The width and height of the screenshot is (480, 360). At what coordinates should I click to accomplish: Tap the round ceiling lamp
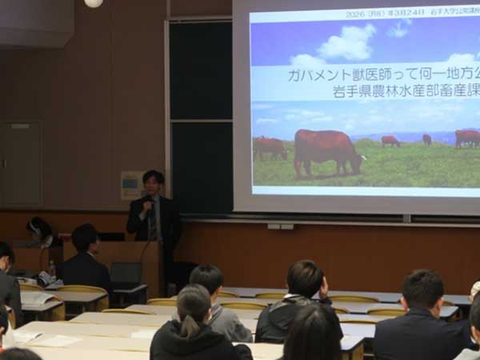pyautogui.click(x=94, y=2)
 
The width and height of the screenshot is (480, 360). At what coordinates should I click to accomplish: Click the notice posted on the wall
pyautogui.click(x=130, y=186)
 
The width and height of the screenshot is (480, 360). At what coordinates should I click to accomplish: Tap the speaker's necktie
pyautogui.click(x=152, y=223)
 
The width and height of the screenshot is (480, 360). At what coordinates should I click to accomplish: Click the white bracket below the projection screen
pyautogui.click(x=280, y=226)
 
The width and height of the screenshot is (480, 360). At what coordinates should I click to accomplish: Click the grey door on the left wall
pyautogui.click(x=21, y=164)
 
